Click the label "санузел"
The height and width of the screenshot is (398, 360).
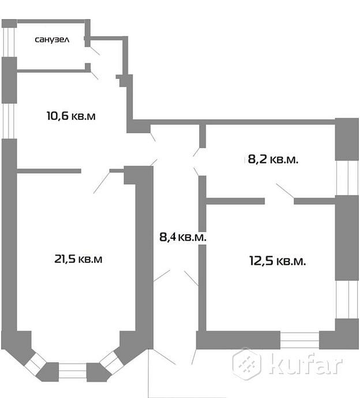(x=52, y=40)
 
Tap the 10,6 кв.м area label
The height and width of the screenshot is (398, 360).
(x=71, y=116)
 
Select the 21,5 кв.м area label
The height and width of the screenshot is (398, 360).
(x=78, y=259)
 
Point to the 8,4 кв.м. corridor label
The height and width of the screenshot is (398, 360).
(x=183, y=237)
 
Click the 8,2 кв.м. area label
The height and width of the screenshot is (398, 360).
(x=273, y=160)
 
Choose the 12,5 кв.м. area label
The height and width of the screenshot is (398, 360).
(x=277, y=261)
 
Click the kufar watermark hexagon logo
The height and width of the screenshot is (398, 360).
(x=247, y=363)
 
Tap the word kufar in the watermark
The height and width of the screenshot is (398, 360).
(x=306, y=363)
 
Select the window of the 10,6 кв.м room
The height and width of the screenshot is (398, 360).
(x=9, y=121)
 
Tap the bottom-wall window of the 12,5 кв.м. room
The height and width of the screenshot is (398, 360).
(x=299, y=340)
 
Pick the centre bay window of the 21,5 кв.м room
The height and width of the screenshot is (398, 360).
(x=72, y=371)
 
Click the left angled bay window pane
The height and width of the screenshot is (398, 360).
(x=36, y=363)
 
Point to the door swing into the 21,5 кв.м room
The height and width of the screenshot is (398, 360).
(x=102, y=183)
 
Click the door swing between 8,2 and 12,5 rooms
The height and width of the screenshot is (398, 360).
(x=285, y=190)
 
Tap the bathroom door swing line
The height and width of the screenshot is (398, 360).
(x=95, y=51)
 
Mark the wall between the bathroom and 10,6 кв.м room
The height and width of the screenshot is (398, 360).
(x=51, y=72)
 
